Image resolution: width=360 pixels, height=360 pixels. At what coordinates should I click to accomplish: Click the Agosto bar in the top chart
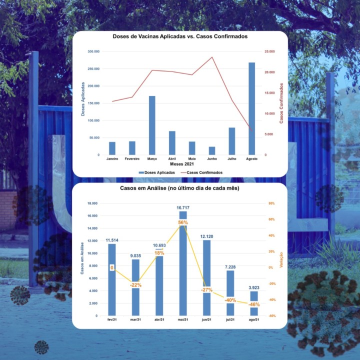click(x=251, y=108)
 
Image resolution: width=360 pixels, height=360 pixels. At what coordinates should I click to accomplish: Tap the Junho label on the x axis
click(x=211, y=158)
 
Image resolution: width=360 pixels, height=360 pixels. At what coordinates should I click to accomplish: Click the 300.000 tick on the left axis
click(x=93, y=51)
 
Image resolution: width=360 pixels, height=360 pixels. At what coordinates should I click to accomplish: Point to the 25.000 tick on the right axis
click(x=269, y=51)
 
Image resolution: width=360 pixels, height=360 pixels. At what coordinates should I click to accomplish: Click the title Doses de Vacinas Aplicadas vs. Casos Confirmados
click(x=179, y=37)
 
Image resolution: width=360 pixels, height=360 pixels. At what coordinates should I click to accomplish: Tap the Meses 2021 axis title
click(x=181, y=164)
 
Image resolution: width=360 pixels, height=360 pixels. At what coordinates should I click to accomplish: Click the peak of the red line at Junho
click(x=212, y=57)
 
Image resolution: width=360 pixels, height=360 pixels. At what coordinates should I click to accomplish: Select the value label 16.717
click(x=183, y=207)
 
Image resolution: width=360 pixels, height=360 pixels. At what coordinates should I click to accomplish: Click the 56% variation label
click(x=182, y=222)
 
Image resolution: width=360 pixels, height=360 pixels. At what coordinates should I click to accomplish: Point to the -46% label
click(x=254, y=304)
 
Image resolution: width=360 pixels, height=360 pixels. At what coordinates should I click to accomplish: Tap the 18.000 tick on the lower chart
click(x=92, y=203)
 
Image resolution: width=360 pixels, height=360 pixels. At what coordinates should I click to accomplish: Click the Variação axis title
click(x=281, y=259)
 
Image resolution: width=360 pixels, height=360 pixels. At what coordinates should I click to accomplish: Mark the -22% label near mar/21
click(x=135, y=285)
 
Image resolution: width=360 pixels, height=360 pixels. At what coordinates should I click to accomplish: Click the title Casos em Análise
click(x=179, y=188)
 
